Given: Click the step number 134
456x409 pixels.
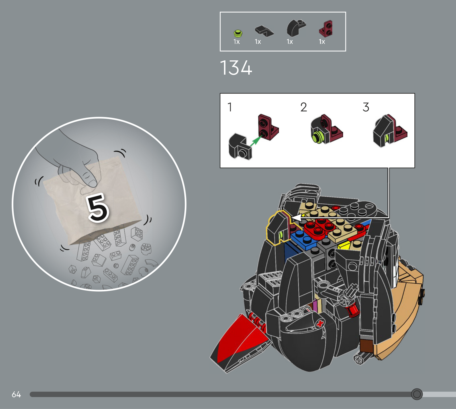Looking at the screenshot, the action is coord(236,68).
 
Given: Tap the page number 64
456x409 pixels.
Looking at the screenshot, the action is coord(16,394).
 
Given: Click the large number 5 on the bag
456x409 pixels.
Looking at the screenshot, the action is coord(98,208).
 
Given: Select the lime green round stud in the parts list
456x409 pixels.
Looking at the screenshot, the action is coord(238,34).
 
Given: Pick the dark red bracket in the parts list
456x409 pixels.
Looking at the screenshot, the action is coord(325,29).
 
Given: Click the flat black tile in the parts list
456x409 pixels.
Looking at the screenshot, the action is coord(264,31).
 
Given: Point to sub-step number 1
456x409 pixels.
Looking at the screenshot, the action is coord(230,107).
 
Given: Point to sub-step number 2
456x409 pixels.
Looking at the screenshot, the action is coord(304,107).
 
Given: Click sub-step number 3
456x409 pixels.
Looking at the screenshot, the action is coord(366,107).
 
